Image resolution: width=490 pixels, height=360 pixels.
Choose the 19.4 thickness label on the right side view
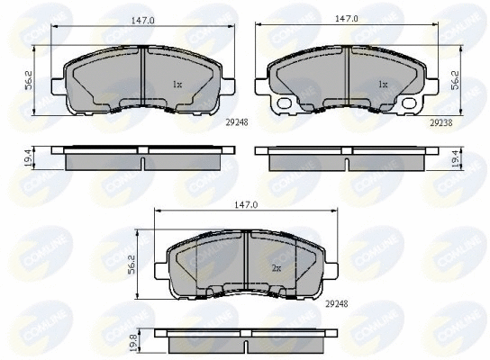pyautogui.click(x=455, y=160)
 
